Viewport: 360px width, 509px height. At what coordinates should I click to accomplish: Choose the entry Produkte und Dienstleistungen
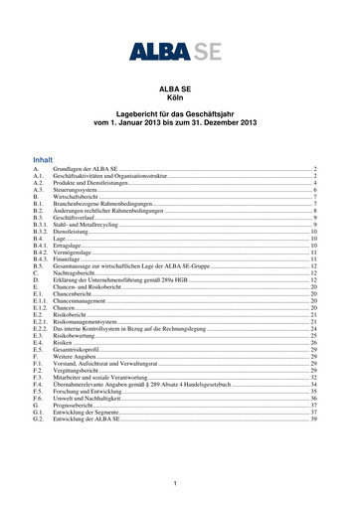[x=93, y=184]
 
